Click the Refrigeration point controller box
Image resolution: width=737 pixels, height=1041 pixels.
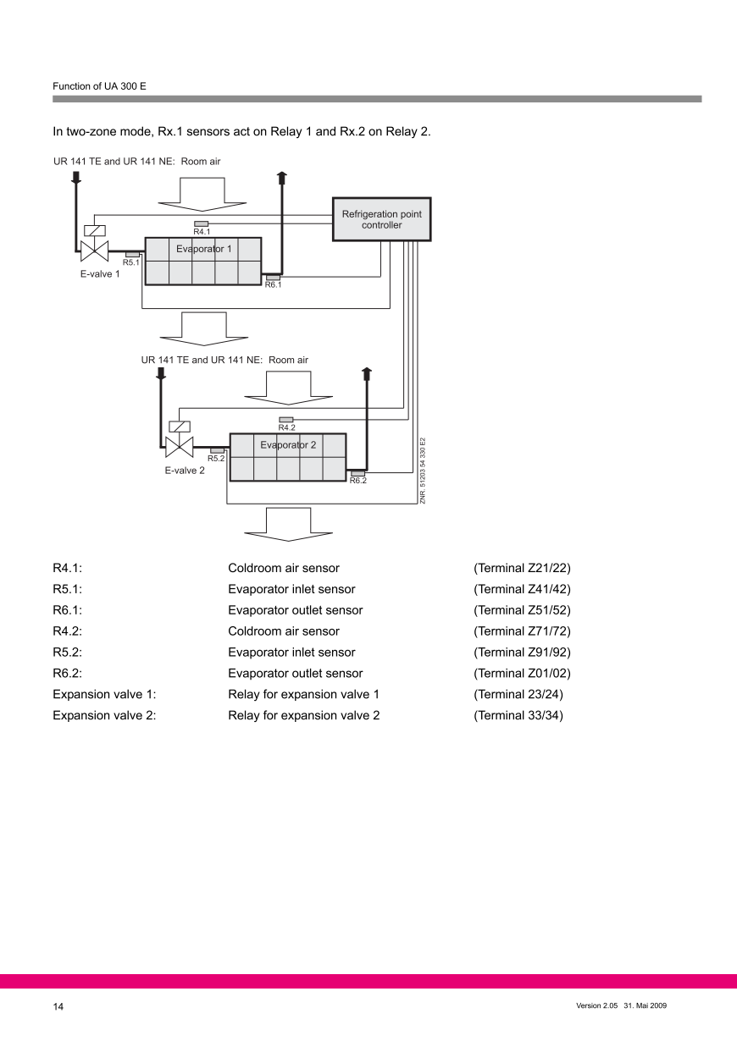[380, 219]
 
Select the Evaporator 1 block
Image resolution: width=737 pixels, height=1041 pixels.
[203, 262]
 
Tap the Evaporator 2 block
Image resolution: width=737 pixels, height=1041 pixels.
[288, 457]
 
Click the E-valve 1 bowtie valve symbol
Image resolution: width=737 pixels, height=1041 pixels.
[93, 251]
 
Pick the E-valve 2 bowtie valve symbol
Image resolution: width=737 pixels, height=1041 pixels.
[178, 446]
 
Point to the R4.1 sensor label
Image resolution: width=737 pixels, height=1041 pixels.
[202, 232]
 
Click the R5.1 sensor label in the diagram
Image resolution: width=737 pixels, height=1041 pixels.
[131, 262]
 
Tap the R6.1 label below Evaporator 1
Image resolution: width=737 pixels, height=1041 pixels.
[273, 285]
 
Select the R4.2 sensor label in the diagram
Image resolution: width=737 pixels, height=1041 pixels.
[286, 427]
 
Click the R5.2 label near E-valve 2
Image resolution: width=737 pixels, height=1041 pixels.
[216, 458]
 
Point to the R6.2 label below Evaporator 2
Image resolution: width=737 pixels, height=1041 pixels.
[357, 481]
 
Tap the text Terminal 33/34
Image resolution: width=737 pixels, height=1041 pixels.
[518, 716]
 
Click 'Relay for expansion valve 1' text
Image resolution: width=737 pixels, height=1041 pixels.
[303, 695]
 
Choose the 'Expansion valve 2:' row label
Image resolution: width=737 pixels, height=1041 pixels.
[104, 716]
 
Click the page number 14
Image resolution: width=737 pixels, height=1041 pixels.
[58, 1006]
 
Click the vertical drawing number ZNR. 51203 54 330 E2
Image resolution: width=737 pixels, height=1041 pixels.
[422, 471]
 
